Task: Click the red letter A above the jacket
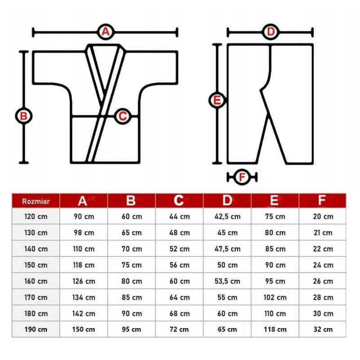click(x=105, y=31)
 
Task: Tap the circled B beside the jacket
click(x=24, y=116)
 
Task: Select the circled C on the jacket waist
click(x=122, y=116)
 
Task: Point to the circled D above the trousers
click(x=271, y=31)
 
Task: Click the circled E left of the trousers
click(x=217, y=100)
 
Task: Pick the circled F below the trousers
click(x=242, y=177)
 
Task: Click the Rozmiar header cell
click(x=36, y=201)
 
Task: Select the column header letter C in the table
click(x=179, y=200)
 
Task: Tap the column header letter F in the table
click(x=322, y=200)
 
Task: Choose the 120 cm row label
click(x=36, y=216)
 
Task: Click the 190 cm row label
click(x=36, y=329)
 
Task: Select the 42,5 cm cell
click(x=228, y=216)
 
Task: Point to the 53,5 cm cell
click(x=228, y=281)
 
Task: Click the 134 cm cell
click(x=84, y=297)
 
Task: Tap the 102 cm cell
click(x=275, y=297)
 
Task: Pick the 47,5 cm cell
click(x=228, y=249)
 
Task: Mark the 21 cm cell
click(x=323, y=233)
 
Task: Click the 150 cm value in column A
click(x=84, y=329)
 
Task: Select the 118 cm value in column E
click(x=275, y=329)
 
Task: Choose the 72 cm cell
click(x=179, y=329)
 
